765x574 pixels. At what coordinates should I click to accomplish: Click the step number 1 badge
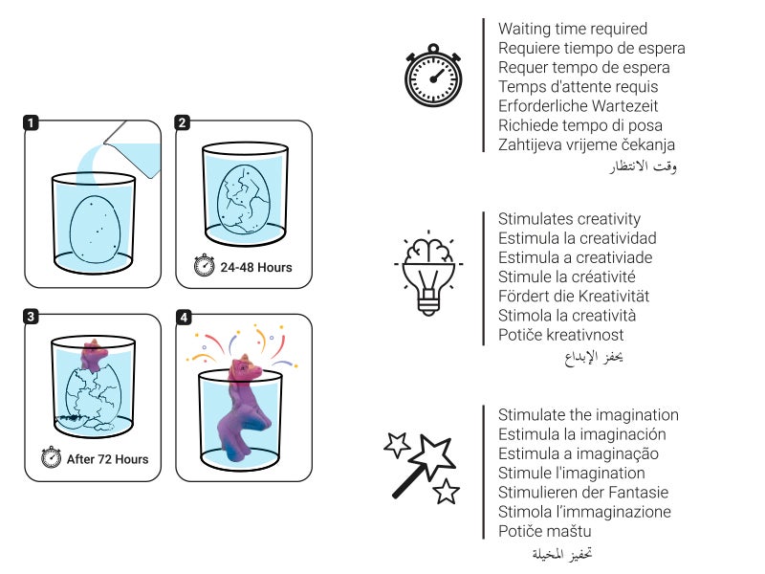33,122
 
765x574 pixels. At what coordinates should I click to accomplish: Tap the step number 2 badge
184,122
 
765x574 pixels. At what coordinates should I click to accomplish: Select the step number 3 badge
33,317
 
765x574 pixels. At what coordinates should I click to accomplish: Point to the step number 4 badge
184,317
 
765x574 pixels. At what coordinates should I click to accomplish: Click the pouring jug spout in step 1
112,141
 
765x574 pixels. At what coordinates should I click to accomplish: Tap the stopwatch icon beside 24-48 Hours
205,267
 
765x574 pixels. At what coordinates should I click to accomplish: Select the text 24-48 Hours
256,268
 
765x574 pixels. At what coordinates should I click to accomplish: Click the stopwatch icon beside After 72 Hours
52,458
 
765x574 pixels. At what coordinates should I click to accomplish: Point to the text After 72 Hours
107,459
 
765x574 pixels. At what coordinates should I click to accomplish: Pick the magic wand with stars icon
422,466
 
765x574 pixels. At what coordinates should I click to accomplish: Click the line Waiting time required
573,29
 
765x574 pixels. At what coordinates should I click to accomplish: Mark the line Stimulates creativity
569,219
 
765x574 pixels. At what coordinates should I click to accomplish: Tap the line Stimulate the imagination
588,415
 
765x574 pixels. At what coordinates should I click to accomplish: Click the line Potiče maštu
544,531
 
